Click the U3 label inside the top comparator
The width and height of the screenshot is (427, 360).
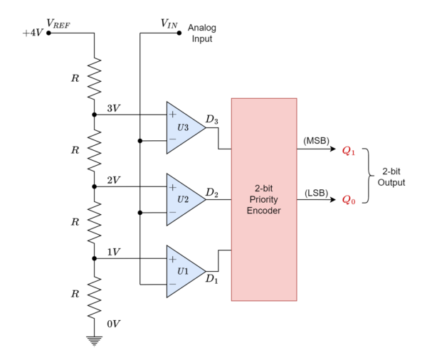coord(183,128)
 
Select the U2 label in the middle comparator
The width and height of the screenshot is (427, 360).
coord(183,199)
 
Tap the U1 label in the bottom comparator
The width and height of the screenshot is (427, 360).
coord(183,271)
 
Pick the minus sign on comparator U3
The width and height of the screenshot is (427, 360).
coord(172,140)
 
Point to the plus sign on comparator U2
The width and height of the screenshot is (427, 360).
coord(172,187)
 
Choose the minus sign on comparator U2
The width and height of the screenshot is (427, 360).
coord(172,212)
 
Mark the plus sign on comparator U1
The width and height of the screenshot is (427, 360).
coord(172,259)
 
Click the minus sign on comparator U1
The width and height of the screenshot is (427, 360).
coord(172,284)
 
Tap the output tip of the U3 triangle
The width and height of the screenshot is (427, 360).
coord(204,128)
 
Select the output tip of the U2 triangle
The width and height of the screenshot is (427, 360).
coord(204,200)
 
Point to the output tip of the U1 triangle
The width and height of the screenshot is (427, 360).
coord(204,272)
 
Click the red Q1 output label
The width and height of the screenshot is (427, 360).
coord(349,151)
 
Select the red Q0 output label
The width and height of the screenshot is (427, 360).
coord(349,200)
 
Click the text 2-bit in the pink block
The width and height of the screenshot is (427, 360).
coord(263,189)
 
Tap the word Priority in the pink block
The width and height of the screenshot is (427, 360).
coord(263,200)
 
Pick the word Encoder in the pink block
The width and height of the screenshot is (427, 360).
coord(263,211)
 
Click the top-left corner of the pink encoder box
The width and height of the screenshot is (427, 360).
coord(231,99)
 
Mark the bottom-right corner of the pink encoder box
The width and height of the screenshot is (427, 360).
coord(297,300)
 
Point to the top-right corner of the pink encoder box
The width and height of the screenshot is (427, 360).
coord(297,99)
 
